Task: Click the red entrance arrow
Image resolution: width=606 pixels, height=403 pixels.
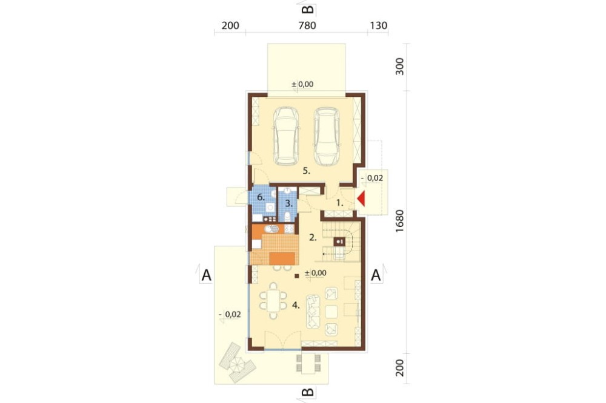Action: (361, 199)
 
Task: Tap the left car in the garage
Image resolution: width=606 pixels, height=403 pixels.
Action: (287, 136)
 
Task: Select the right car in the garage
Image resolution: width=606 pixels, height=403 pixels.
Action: (327, 136)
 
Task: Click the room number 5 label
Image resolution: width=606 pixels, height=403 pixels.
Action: (307, 171)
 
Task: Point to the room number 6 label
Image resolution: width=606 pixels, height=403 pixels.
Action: (261, 198)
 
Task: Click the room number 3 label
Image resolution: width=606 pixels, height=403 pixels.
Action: (288, 203)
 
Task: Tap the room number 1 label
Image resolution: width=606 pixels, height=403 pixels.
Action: (340, 202)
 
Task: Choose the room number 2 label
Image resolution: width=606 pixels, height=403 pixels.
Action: (313, 238)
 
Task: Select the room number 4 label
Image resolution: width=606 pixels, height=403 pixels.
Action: (296, 306)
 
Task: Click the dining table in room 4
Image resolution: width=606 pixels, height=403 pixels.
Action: (273, 300)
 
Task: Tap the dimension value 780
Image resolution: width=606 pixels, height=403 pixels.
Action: (307, 25)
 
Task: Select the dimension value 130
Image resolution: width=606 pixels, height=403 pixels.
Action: (378, 25)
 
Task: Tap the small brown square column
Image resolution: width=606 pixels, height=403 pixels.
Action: (297, 275)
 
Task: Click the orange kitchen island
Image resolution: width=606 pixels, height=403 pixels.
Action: (282, 258)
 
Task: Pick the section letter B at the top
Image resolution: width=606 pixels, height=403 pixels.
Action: (307, 9)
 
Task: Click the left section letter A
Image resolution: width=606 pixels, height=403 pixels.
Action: (207, 275)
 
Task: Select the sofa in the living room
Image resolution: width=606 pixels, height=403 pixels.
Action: (313, 312)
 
